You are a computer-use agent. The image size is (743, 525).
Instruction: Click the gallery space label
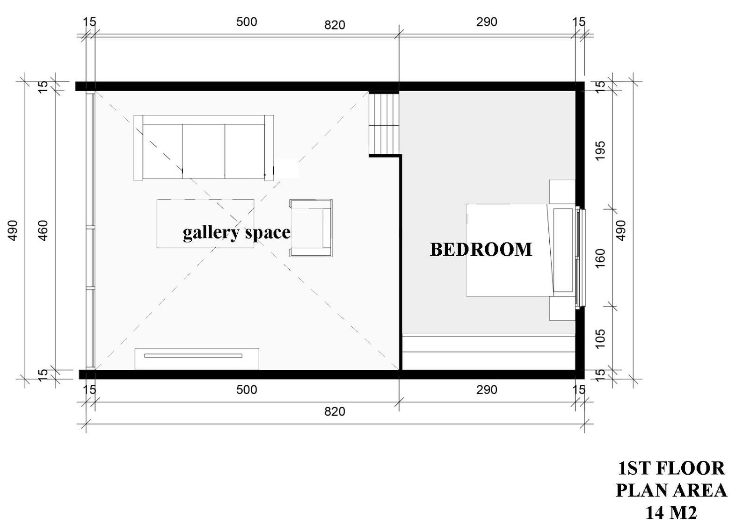tap(236, 232)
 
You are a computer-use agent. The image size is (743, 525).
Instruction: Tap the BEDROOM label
tap(481, 249)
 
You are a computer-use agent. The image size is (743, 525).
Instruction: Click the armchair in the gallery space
tap(311, 228)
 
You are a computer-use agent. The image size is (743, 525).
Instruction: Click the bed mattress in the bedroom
tap(508, 250)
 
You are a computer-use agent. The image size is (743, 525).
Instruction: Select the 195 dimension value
tap(600, 151)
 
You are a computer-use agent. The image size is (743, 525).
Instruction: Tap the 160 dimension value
tap(600, 258)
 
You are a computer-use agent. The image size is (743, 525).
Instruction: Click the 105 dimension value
tap(600, 338)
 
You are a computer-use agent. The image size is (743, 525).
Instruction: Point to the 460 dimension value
tap(43, 230)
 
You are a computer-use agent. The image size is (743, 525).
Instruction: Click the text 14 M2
tap(671, 513)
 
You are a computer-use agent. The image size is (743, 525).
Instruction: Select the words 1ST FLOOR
tap(671, 468)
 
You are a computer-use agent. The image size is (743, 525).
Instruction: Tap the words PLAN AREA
tap(671, 490)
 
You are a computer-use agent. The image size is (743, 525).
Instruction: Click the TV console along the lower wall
tap(197, 359)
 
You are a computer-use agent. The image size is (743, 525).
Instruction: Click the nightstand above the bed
tap(561, 192)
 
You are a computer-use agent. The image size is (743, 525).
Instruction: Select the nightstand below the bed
tap(561, 309)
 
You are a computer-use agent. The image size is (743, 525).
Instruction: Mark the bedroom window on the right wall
tap(581, 257)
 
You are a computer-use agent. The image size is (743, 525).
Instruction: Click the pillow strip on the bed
tap(563, 250)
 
